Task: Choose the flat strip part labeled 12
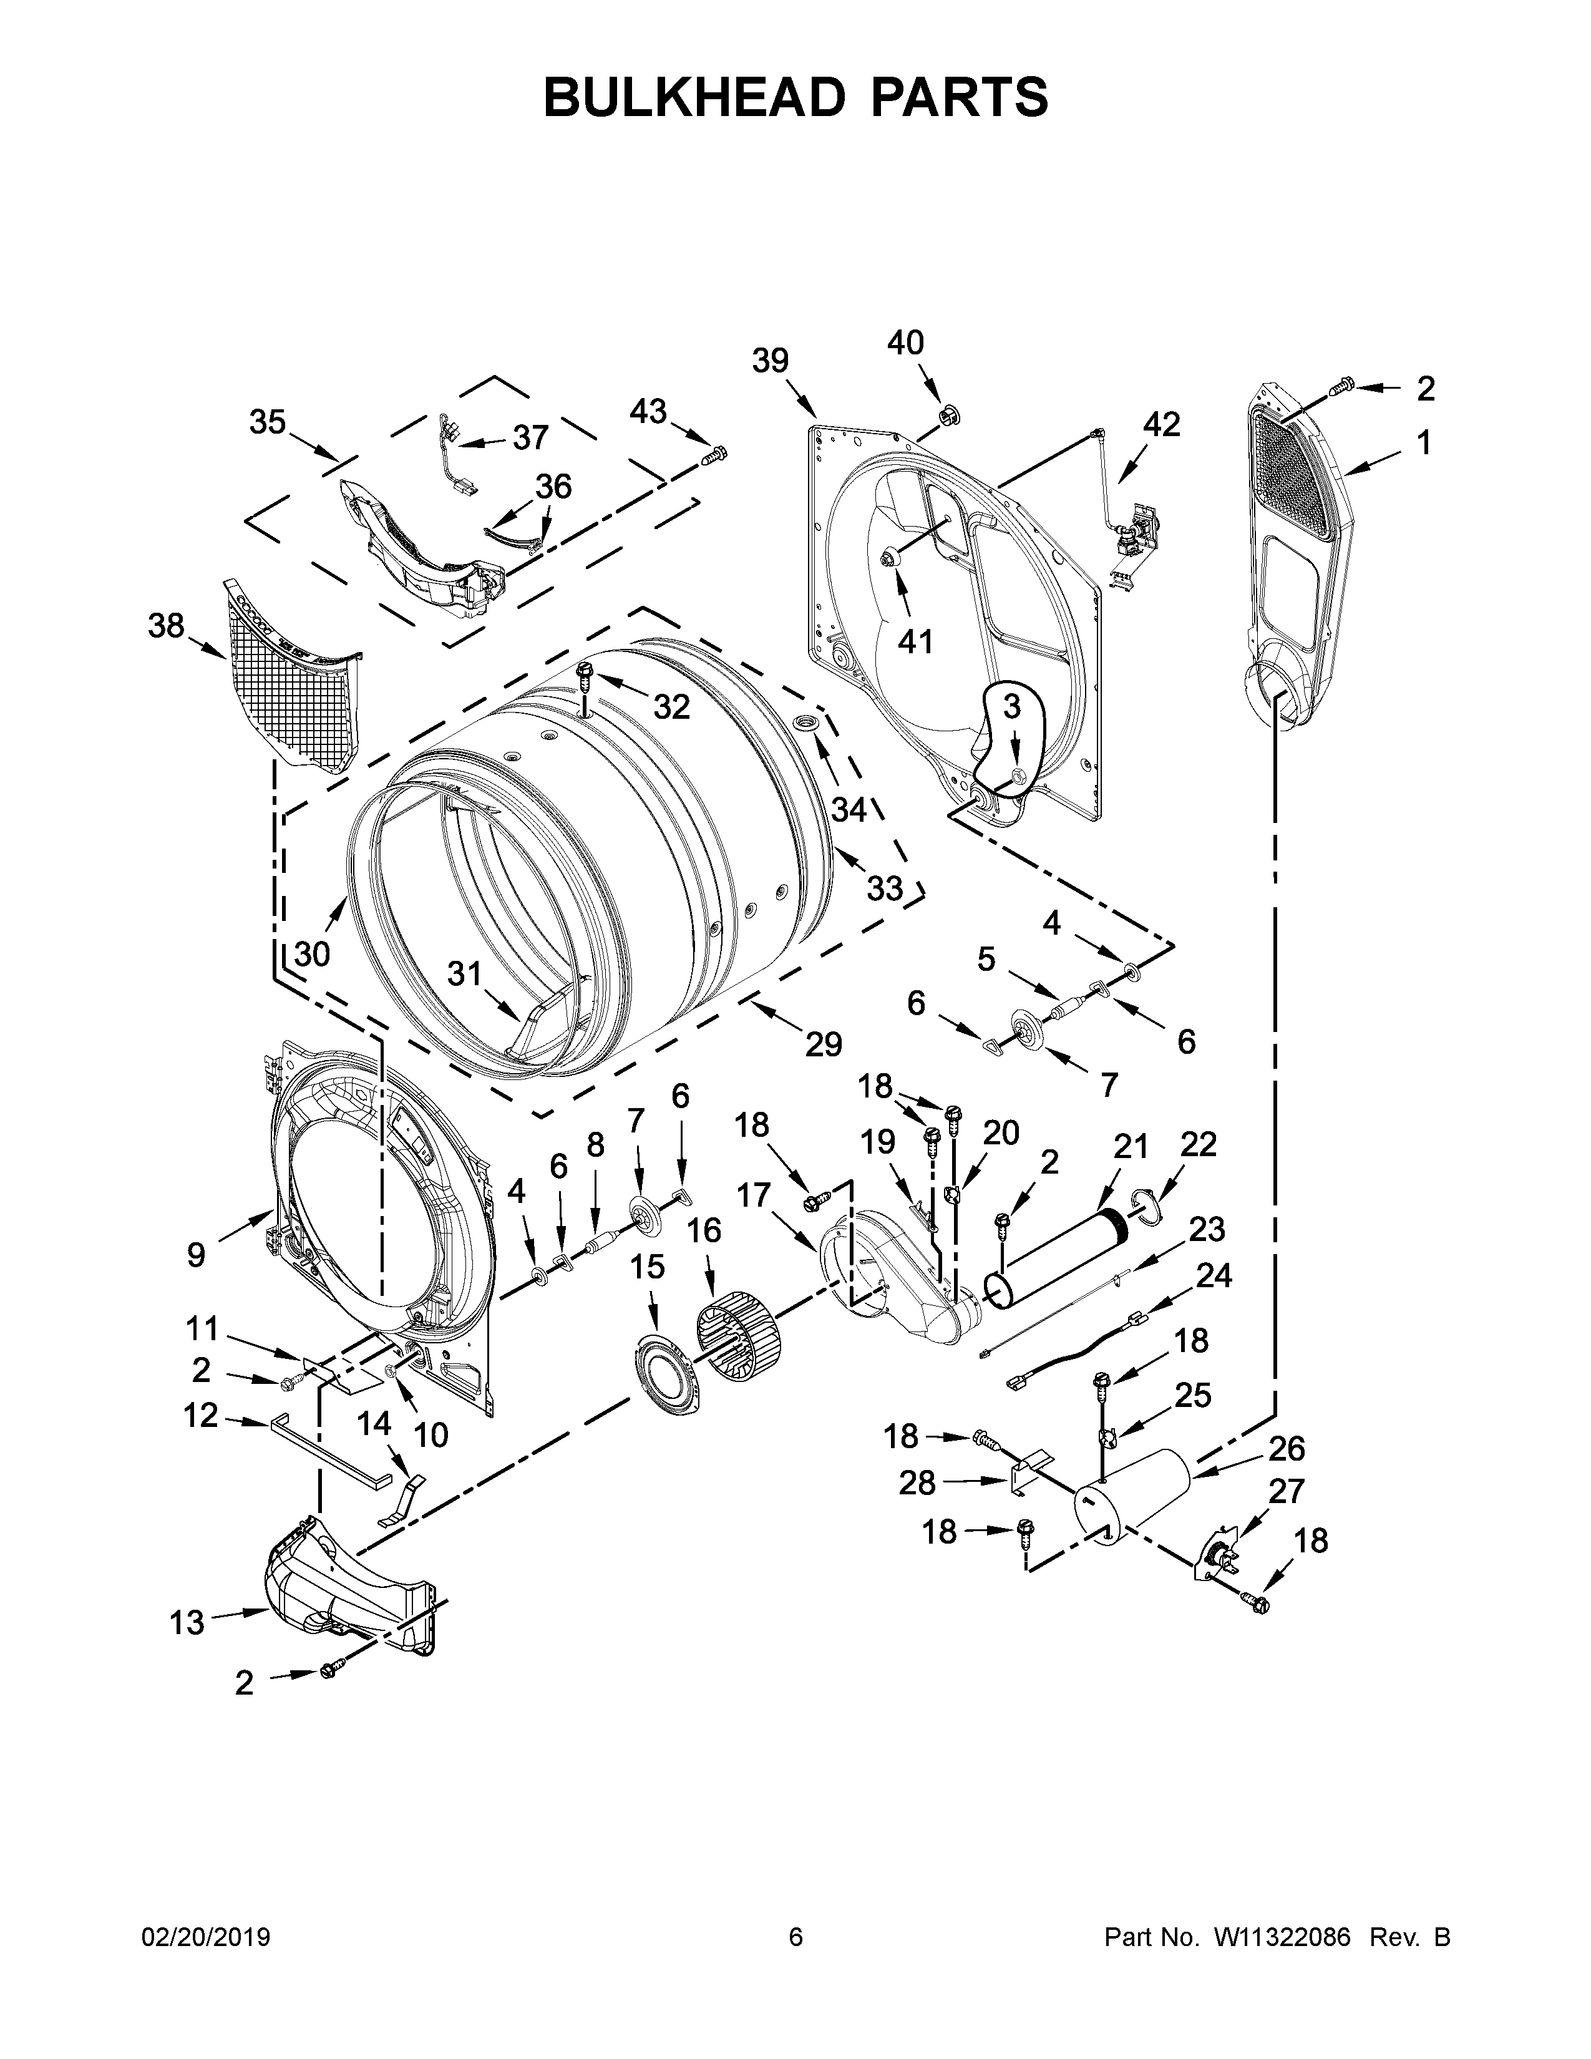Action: tap(330, 1450)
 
